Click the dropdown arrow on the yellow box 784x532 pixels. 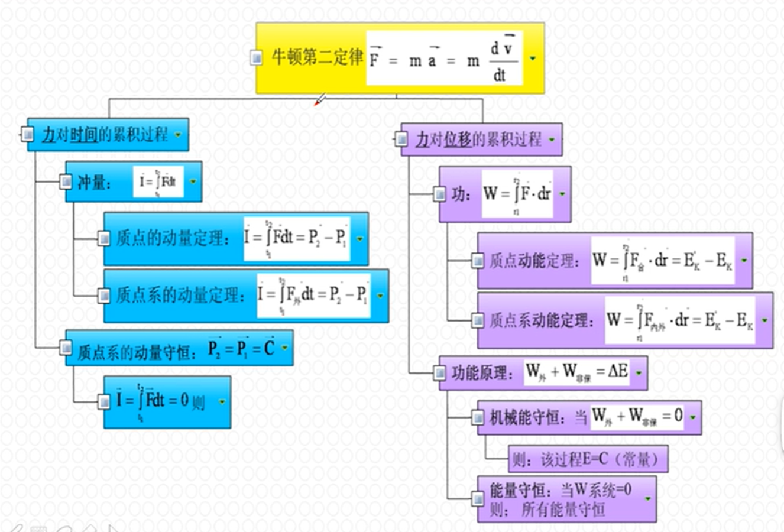[533, 59]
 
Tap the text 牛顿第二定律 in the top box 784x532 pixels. [317, 58]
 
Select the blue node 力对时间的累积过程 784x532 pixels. [105, 135]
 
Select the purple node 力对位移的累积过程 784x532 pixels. [479, 140]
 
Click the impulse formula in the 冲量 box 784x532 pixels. [158, 181]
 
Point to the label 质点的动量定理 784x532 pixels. [172, 239]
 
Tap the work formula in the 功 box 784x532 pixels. [517, 194]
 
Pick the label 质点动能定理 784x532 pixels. [532, 261]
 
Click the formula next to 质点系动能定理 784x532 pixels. [680, 320]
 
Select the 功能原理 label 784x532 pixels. [480, 373]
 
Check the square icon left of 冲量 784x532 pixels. [66, 181]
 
